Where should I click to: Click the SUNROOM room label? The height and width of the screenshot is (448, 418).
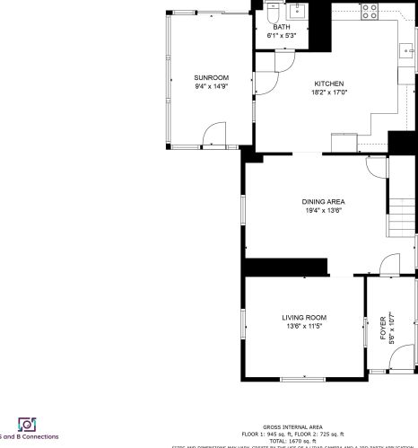[x=212, y=78]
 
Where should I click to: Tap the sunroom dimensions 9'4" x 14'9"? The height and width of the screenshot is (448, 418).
[x=212, y=86]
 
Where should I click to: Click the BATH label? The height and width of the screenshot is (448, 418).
[x=282, y=27]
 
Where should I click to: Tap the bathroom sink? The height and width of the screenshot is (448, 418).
[x=297, y=13]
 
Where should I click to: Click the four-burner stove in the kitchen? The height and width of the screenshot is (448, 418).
[x=369, y=11]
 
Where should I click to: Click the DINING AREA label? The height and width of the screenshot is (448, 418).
[x=323, y=202]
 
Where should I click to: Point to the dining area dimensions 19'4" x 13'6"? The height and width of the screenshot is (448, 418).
[x=323, y=210]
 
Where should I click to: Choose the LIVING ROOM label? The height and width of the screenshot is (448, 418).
[x=304, y=318]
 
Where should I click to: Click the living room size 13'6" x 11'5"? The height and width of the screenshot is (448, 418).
[x=304, y=326]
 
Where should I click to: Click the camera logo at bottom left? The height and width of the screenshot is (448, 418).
[x=26, y=424]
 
